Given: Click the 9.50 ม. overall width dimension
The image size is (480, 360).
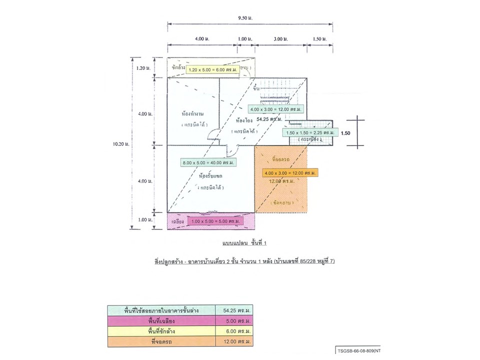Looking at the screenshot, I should click(246, 18).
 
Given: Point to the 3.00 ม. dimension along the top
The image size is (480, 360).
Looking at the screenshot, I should click(278, 38).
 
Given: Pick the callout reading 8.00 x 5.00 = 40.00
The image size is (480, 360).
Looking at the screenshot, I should click(209, 162).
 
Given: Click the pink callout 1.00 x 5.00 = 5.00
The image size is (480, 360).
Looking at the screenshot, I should click(215, 220).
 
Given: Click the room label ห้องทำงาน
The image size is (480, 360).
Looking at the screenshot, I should click(192, 113).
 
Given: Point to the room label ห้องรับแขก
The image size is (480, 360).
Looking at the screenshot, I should click(210, 176).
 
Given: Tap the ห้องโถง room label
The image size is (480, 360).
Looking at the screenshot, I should click(242, 120).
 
